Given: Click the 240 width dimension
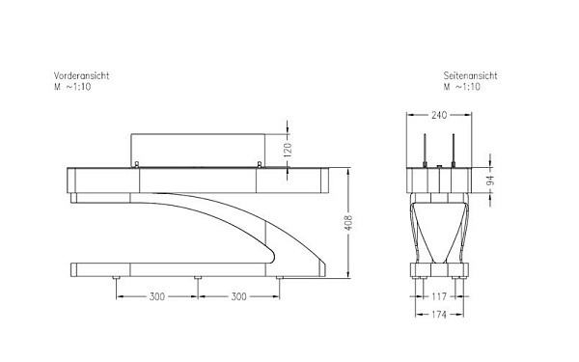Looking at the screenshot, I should (x=438, y=115).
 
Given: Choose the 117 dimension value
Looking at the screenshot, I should (x=438, y=295).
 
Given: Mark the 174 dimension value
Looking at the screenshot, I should (x=438, y=315).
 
